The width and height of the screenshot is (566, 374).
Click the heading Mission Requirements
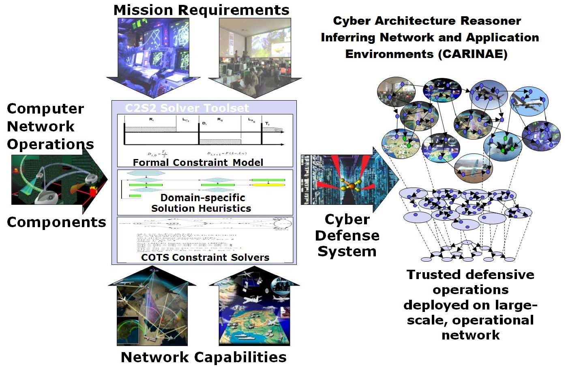[x=201, y=10]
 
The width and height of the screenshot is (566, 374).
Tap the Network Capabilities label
[x=204, y=357]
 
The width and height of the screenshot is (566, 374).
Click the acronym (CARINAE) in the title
[x=473, y=54]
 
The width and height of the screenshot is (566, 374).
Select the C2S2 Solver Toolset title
[x=187, y=108]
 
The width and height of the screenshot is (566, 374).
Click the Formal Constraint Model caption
[x=198, y=162]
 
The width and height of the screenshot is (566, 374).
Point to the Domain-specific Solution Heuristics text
[x=202, y=203]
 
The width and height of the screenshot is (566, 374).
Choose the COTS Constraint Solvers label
[x=205, y=257]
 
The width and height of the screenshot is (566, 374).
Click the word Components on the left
[x=56, y=222]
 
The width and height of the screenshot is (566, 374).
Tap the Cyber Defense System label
[x=347, y=235]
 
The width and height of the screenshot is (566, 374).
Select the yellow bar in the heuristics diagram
[x=268, y=185]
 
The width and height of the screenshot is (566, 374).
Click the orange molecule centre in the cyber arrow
[x=352, y=186]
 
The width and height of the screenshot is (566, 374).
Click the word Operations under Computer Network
[x=50, y=144]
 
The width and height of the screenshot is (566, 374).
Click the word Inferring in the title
[x=348, y=38]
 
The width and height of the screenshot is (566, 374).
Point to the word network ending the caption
[x=470, y=335]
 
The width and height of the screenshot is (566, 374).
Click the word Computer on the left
[x=45, y=109]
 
